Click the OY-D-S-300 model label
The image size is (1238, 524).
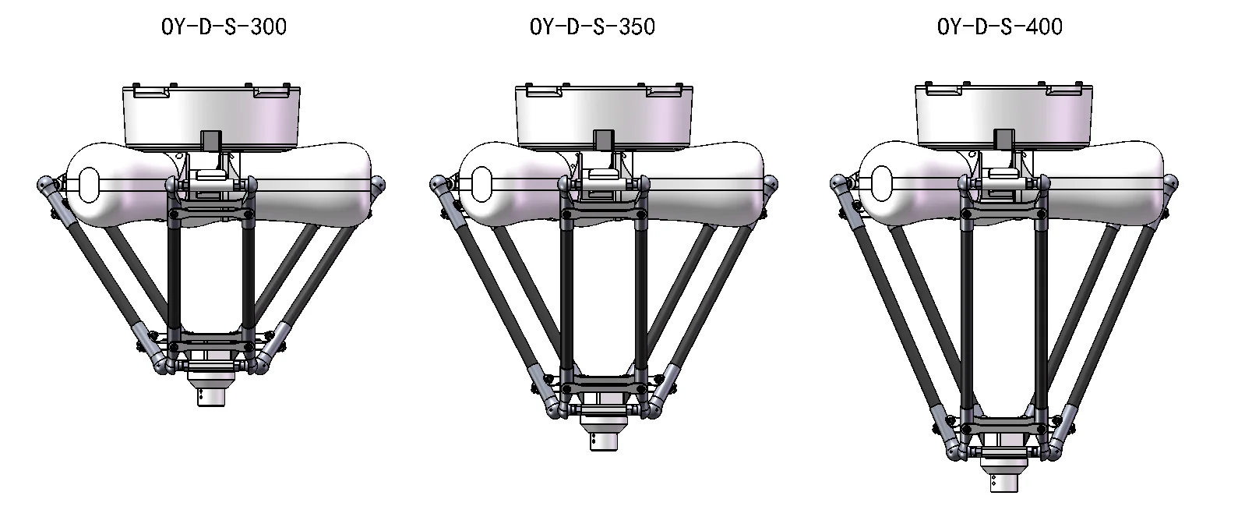[224, 27]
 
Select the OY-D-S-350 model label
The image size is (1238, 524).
[592, 27]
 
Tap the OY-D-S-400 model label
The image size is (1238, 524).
[1000, 27]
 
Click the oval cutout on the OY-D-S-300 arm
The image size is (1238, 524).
[90, 184]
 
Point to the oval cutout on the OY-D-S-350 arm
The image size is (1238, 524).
[482, 184]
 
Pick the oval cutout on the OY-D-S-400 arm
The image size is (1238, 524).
[882, 183]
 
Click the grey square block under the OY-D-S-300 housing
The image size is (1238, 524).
[211, 140]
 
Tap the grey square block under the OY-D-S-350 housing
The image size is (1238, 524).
[604, 140]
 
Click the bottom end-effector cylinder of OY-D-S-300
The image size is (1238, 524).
[211, 397]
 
